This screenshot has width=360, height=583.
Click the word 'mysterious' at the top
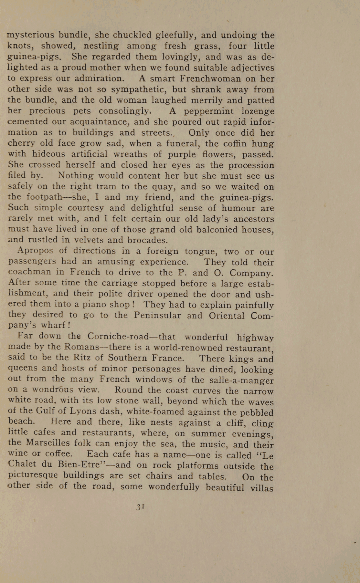point(31,35)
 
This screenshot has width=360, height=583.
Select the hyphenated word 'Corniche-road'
point(118,337)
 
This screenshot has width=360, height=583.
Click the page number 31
point(140,507)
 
